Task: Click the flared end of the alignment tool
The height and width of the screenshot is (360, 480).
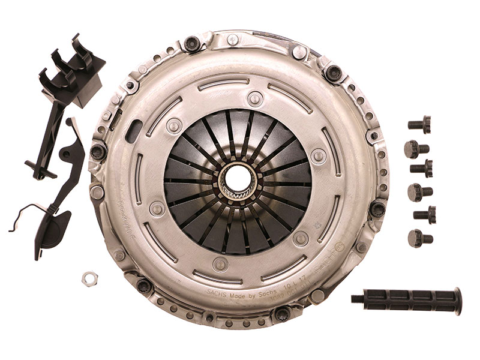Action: pyautogui.click(x=457, y=301)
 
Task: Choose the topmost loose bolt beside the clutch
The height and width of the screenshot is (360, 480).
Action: pyautogui.click(x=421, y=125)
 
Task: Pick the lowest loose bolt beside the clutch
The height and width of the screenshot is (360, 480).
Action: pyautogui.click(x=419, y=238)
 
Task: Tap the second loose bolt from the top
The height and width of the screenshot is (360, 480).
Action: pyautogui.click(x=416, y=148)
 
